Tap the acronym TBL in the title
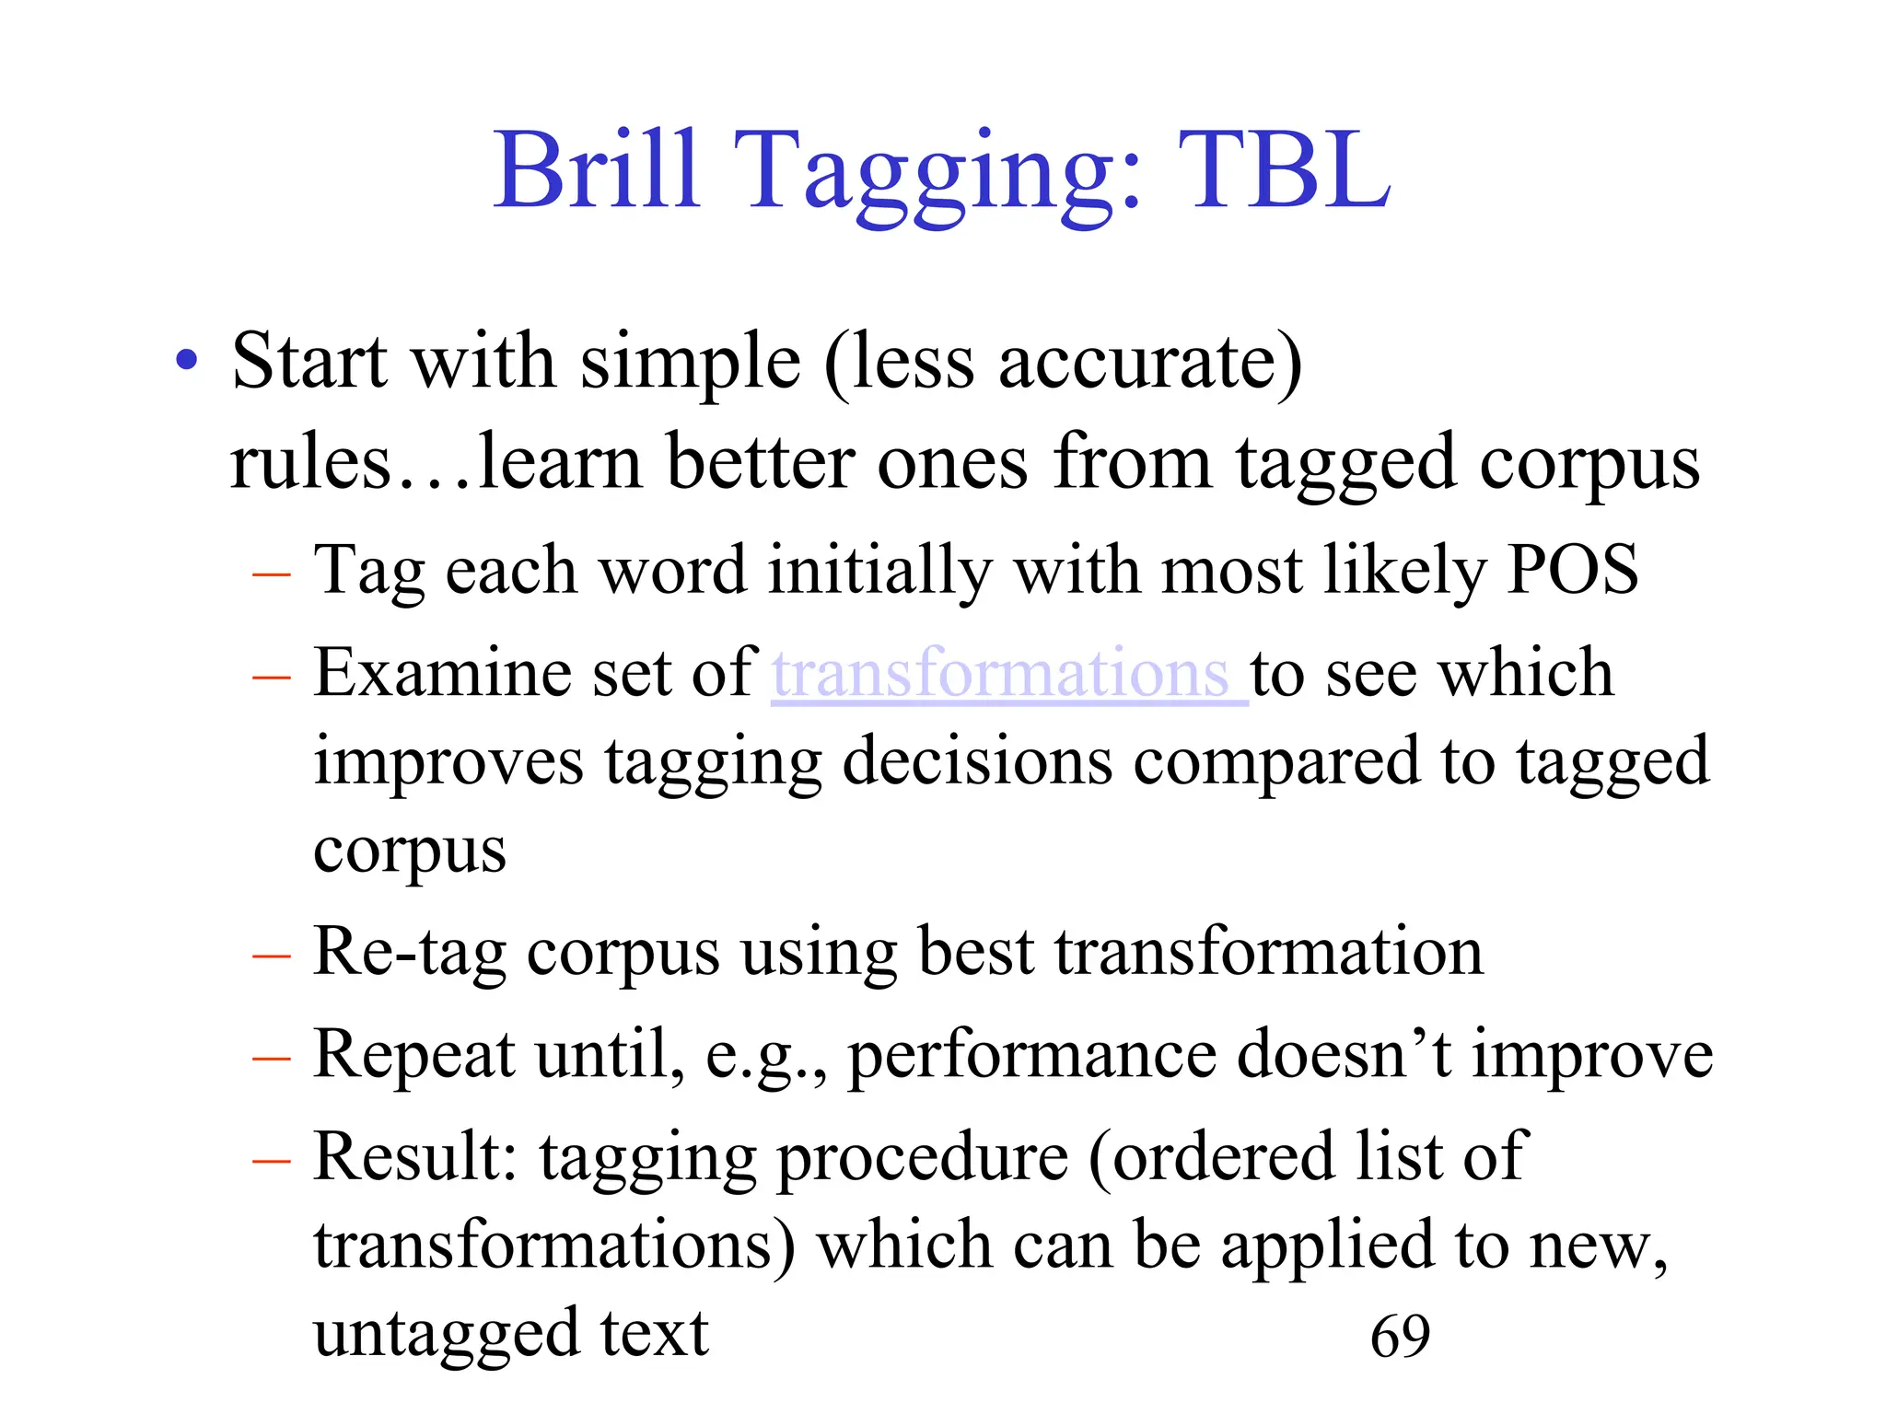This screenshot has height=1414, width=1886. pyautogui.click(x=1284, y=170)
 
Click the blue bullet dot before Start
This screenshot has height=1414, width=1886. pyautogui.click(x=187, y=361)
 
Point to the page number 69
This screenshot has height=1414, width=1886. pyautogui.click(x=1400, y=1337)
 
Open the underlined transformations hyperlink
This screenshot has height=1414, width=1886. pyautogui.click(x=1007, y=673)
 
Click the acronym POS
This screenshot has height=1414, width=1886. pyautogui.click(x=1573, y=570)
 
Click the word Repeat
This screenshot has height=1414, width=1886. pyautogui.click(x=413, y=1055)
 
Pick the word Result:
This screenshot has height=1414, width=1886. pyautogui.click(x=415, y=1157)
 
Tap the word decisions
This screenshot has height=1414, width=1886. pyautogui.click(x=977, y=762)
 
